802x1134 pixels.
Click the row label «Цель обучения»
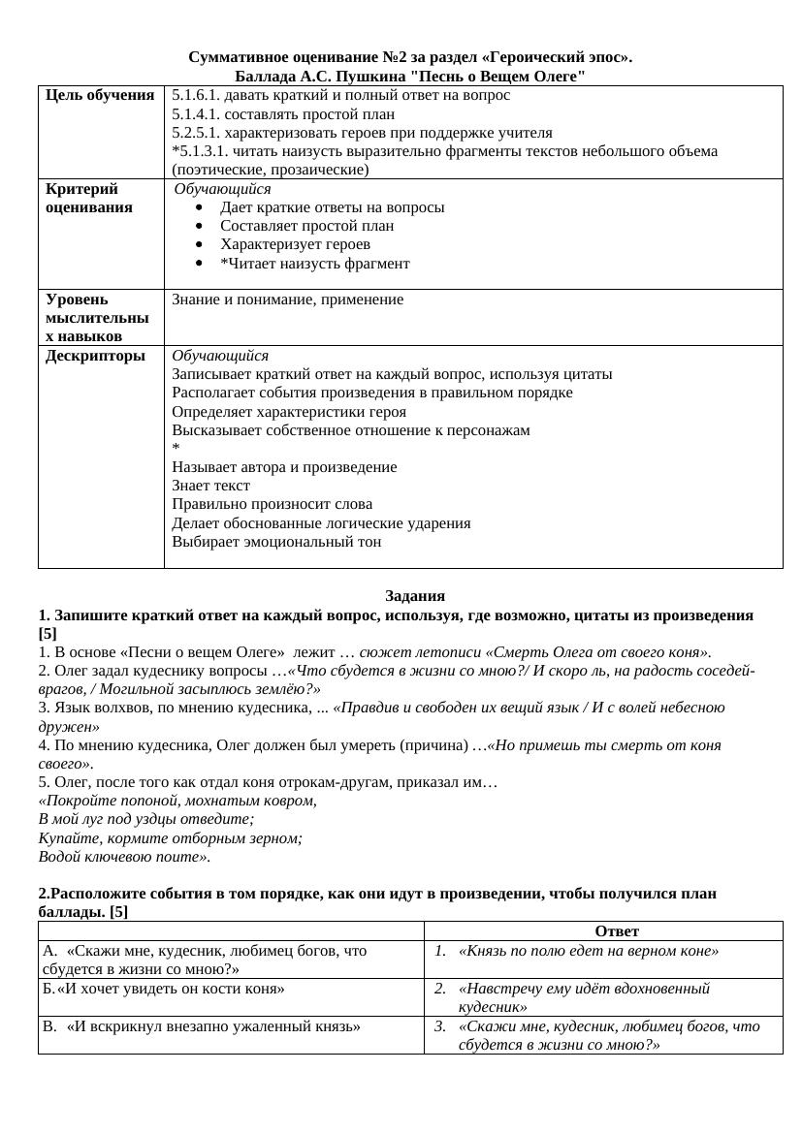[100, 95]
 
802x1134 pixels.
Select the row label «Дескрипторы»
[95, 356]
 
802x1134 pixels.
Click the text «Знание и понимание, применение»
[287, 299]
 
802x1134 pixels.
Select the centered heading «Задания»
[414, 596]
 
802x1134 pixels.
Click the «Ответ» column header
[617, 931]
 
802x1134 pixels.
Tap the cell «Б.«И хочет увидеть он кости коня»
[164, 989]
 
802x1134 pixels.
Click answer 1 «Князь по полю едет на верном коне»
[588, 951]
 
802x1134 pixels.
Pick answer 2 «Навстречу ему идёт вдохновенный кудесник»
[584, 997]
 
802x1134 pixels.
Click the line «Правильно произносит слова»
[272, 504]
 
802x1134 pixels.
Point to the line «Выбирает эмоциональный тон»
[276, 542]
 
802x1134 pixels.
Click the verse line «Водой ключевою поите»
[124, 857]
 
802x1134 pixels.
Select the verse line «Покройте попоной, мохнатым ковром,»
[177, 802]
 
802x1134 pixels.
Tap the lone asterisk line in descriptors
[176, 449]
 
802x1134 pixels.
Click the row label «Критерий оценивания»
[88, 198]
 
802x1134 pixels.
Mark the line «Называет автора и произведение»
[284, 467]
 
